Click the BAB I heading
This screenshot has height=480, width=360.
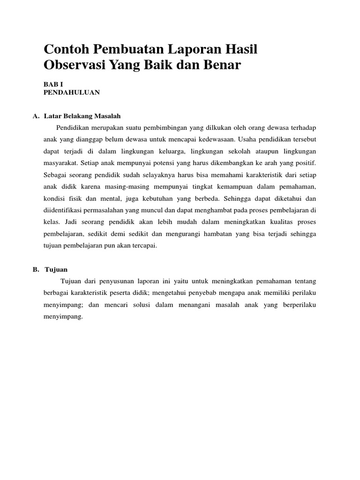52,84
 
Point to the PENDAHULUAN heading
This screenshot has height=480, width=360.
72,92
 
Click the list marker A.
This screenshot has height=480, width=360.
36,116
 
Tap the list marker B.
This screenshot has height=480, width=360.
36,270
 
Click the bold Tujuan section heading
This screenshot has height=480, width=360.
56,270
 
